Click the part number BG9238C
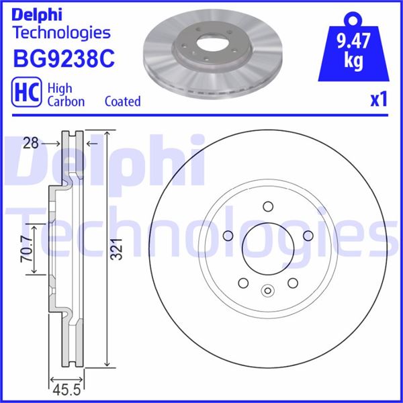64,59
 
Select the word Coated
122,101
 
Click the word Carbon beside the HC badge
65,101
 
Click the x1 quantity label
379,100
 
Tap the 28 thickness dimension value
30,142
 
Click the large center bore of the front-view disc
267,250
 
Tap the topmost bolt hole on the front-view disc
267,206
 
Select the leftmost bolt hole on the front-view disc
226,236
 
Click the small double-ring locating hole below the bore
267,291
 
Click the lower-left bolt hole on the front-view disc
242,284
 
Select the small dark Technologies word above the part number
61,32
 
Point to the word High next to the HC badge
60,87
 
